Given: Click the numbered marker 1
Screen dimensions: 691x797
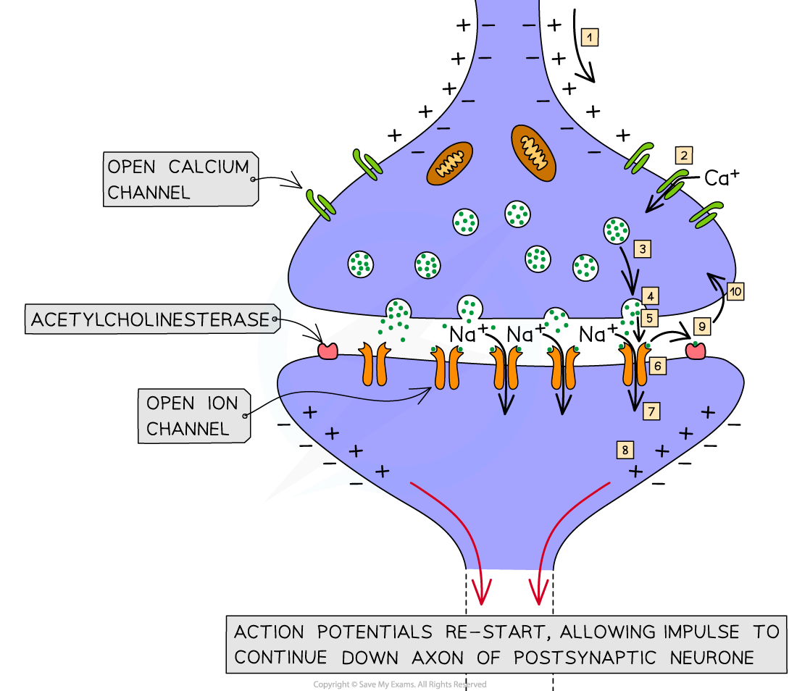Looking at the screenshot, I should [x=590, y=37].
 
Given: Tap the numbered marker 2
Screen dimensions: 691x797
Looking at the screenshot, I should [x=683, y=155].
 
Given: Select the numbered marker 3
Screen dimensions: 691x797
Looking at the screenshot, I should [x=643, y=249].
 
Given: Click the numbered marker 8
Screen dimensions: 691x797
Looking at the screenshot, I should [x=625, y=449].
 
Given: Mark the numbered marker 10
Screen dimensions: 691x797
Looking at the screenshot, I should [x=735, y=292].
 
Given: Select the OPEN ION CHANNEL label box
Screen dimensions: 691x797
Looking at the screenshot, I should [x=193, y=416].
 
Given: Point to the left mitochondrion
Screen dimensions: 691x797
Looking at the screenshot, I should [x=449, y=162].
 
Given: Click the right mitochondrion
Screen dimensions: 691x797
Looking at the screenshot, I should [x=534, y=152].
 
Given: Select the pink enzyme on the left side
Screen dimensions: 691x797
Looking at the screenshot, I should [x=328, y=351].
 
